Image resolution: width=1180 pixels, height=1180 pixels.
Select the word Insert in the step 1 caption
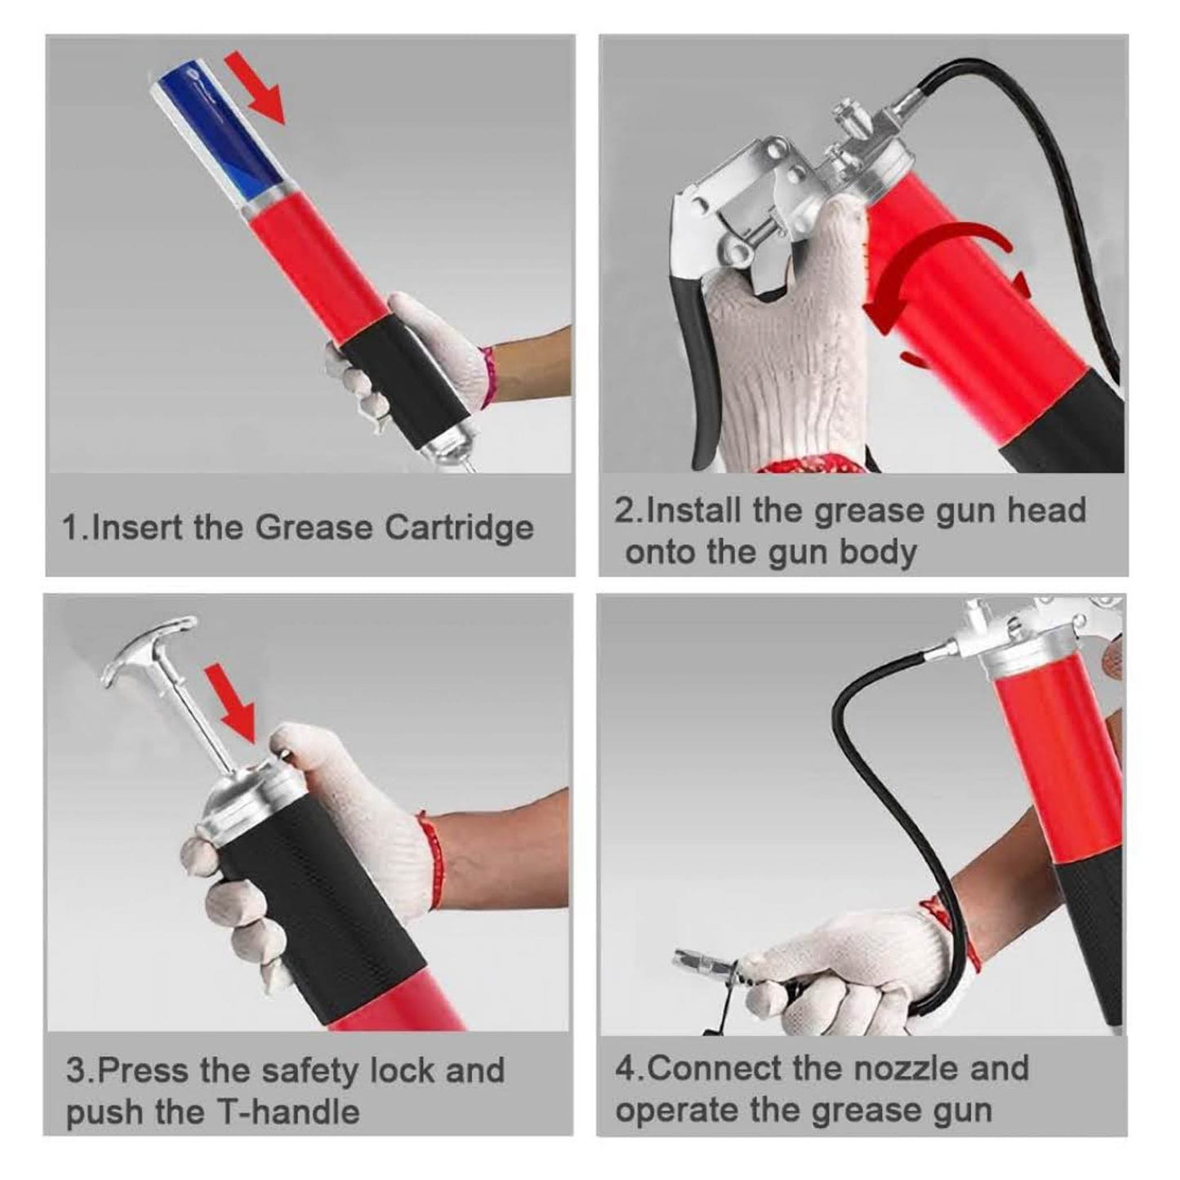tap(139, 528)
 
